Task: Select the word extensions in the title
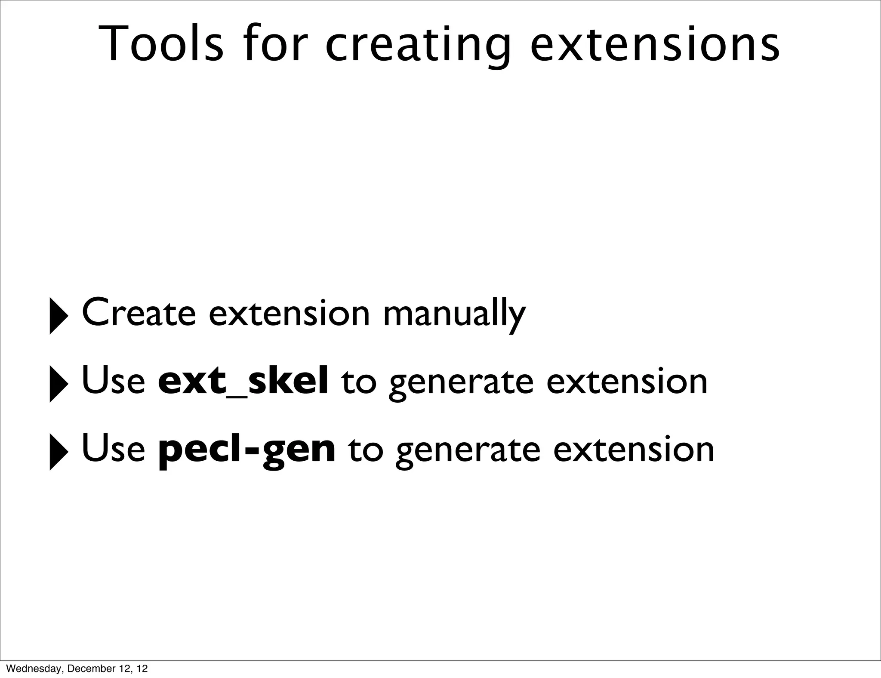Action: pyautogui.click(x=654, y=44)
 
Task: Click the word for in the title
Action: pyautogui.click(x=275, y=44)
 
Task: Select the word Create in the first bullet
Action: pyautogui.click(x=139, y=313)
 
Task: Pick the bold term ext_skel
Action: pyautogui.click(x=243, y=381)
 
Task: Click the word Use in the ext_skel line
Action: pyautogui.click(x=114, y=381)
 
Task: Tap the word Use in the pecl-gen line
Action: pyautogui.click(x=114, y=449)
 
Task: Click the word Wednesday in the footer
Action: pyautogui.click(x=33, y=669)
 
